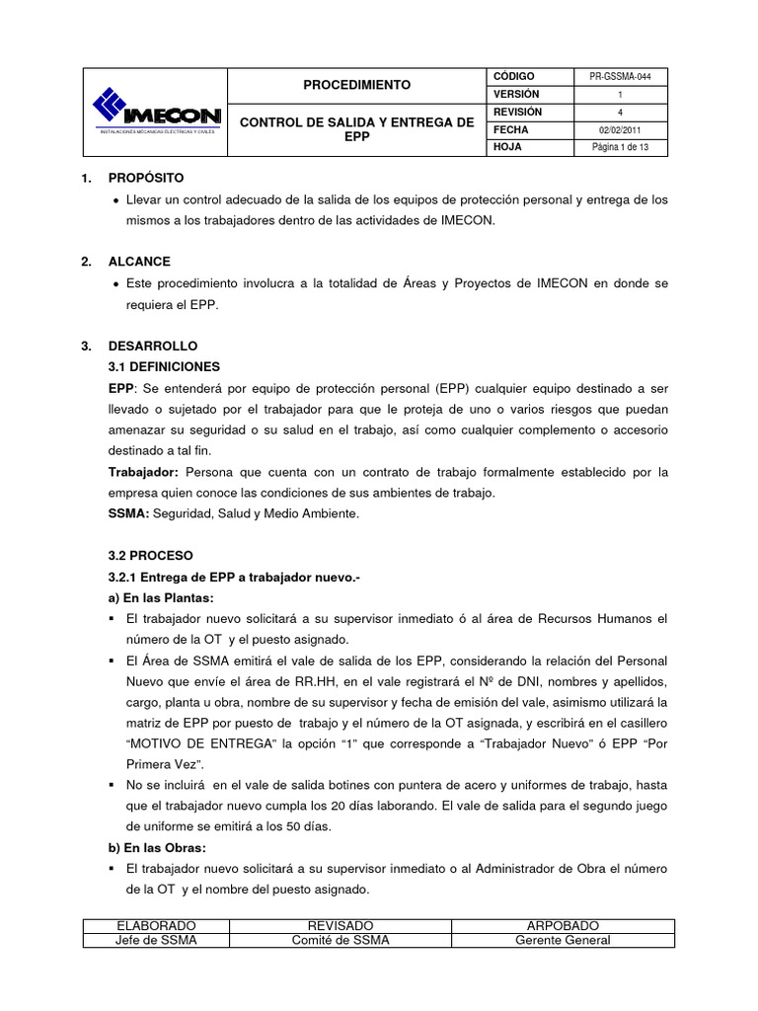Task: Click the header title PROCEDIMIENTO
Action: (356, 85)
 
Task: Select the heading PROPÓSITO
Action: (146, 179)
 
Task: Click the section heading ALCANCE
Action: (139, 262)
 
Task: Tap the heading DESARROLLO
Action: (153, 347)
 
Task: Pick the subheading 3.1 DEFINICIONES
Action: (171, 365)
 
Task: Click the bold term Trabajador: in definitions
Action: (143, 472)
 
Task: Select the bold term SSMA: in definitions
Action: (128, 513)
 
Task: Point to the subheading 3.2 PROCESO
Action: (151, 556)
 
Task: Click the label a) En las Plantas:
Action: (160, 597)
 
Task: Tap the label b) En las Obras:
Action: (158, 847)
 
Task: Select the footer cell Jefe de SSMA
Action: (156, 940)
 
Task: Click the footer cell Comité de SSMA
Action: (340, 940)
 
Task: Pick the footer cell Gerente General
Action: (563, 940)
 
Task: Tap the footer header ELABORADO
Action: (156, 926)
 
